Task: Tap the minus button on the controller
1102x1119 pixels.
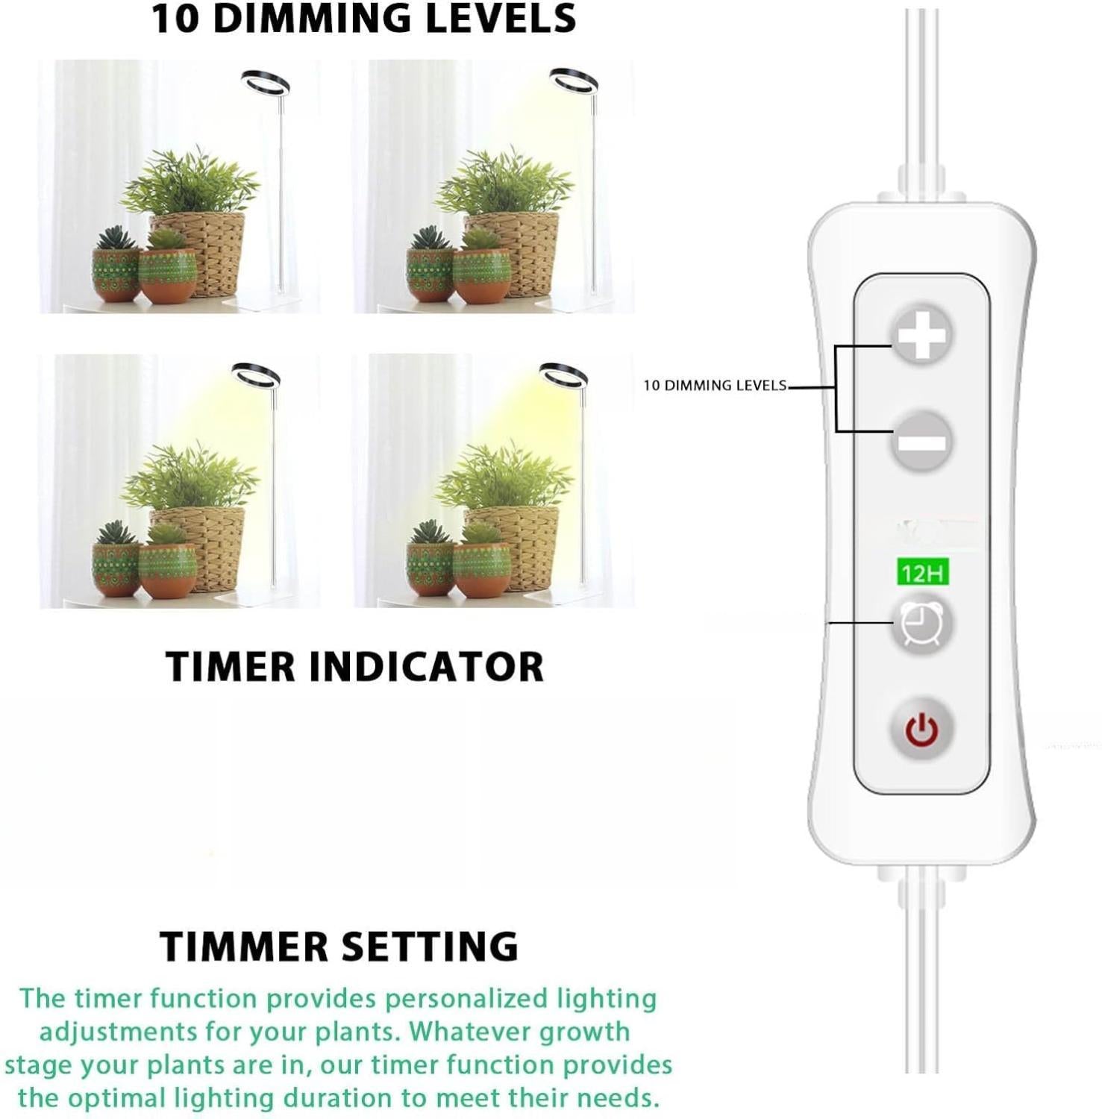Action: coord(922,442)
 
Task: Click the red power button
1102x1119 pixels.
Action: coord(922,728)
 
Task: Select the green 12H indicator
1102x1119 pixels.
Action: coord(922,573)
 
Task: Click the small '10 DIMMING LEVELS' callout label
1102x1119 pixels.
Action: coord(715,386)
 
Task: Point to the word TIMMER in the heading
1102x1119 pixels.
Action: coord(245,946)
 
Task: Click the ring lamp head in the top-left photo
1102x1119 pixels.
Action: coord(266,80)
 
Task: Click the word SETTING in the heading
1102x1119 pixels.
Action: coord(430,946)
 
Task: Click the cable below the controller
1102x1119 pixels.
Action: coord(923,977)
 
